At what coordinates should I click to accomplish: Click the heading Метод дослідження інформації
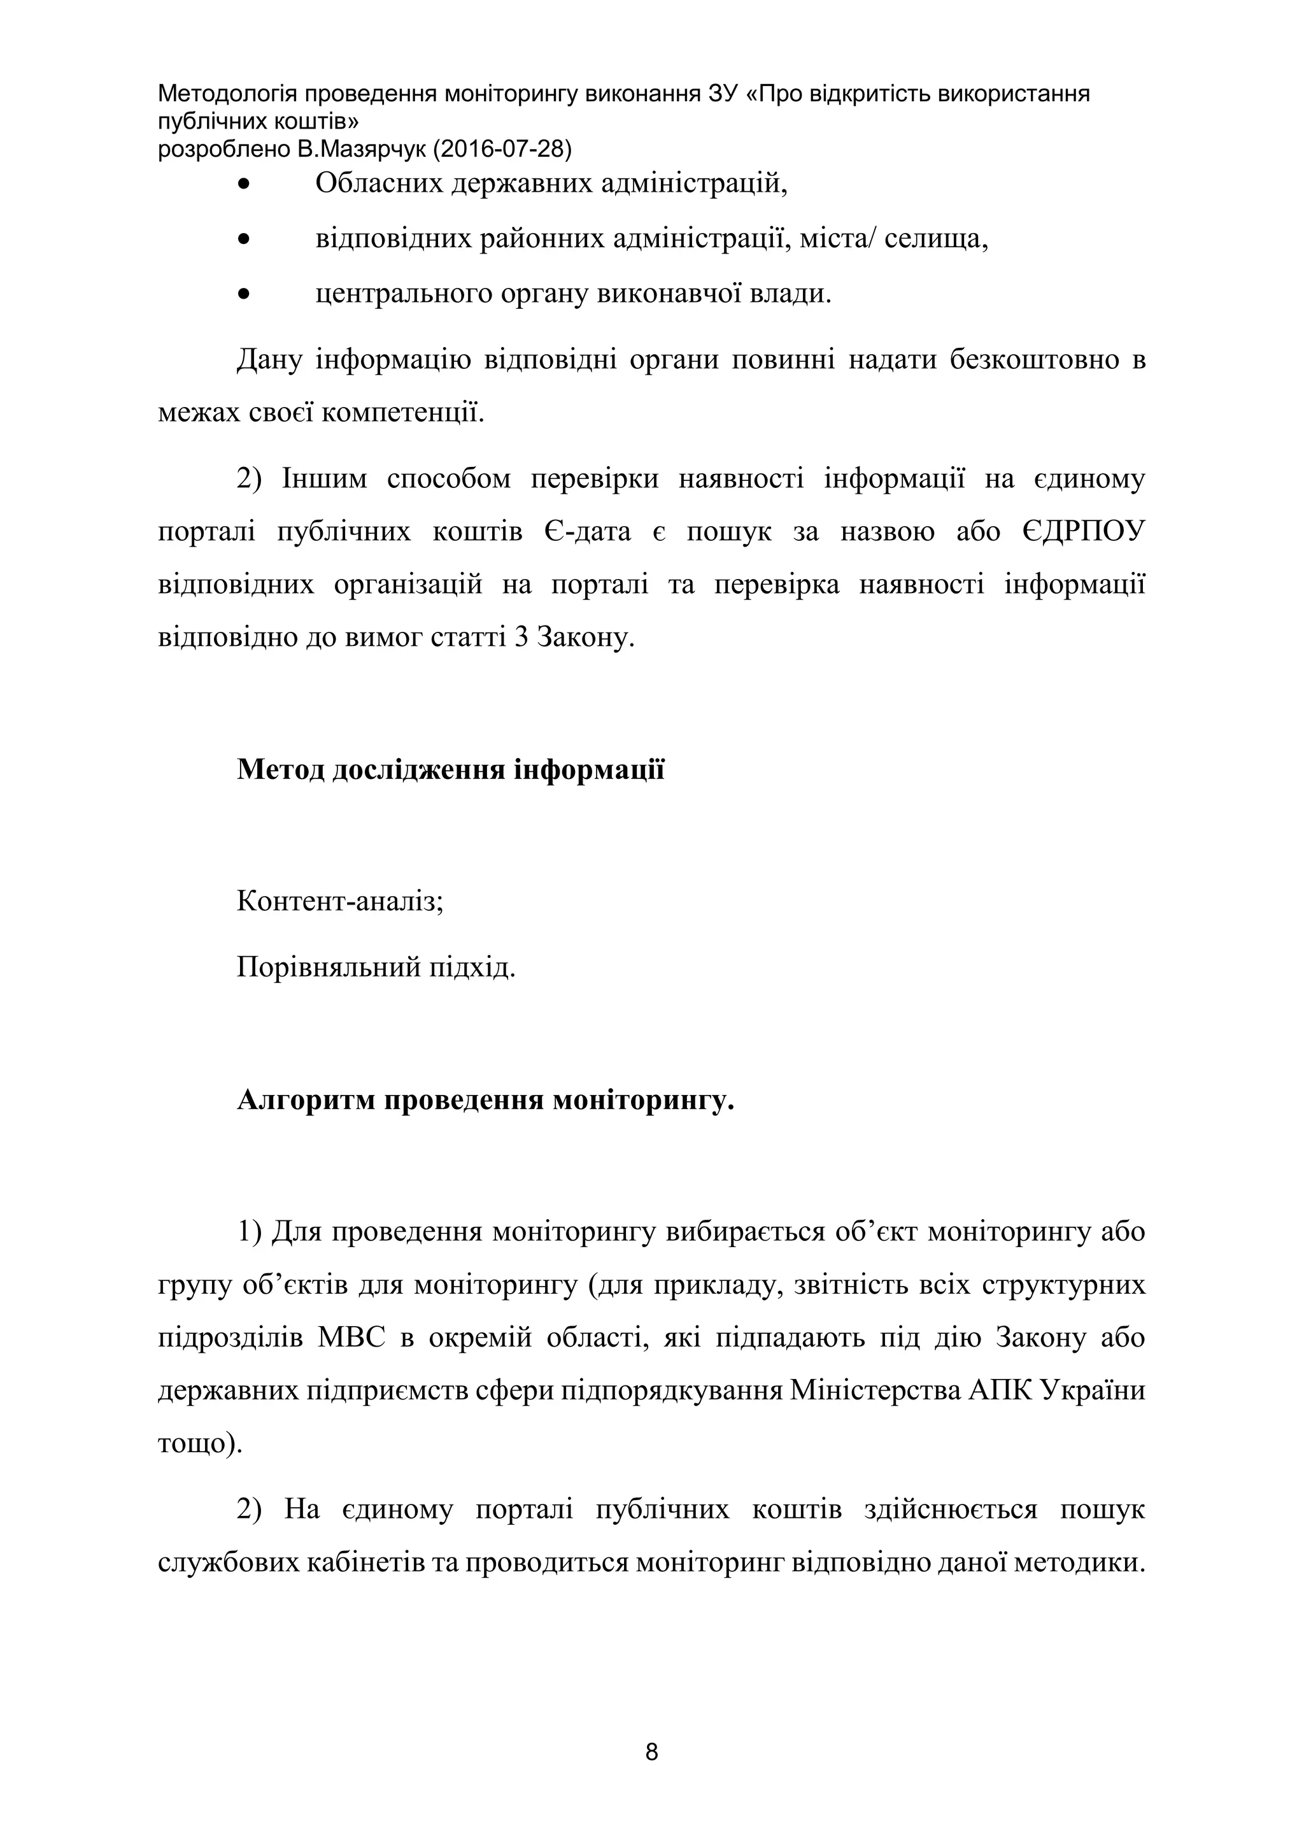pyautogui.click(x=450, y=769)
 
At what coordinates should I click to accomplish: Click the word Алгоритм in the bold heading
pyautogui.click(x=306, y=1099)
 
